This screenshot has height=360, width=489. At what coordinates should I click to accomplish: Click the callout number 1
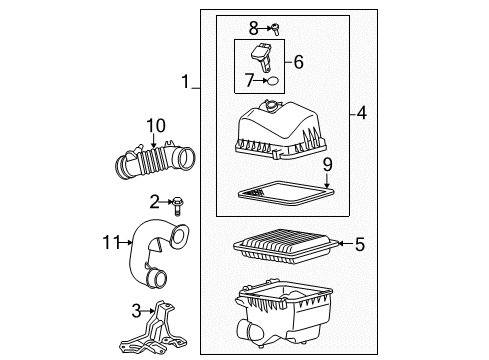tap(183, 81)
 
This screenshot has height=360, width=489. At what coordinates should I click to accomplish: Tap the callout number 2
tap(155, 202)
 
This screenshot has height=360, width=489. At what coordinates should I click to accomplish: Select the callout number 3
tap(137, 310)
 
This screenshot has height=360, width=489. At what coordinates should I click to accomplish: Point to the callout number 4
tap(360, 114)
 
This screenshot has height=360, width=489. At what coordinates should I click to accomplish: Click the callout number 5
tap(359, 242)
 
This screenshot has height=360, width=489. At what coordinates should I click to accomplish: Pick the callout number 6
tap(298, 62)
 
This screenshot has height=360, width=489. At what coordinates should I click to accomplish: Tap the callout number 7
tap(249, 79)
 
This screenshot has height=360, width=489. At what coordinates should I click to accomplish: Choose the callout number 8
tap(254, 27)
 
